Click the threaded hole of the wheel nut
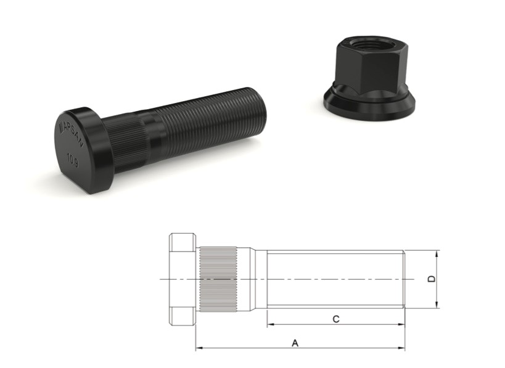pyautogui.click(x=367, y=44)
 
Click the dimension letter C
pyautogui.click(x=335, y=319)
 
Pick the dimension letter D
pyautogui.click(x=431, y=279)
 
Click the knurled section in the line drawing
pyautogui.click(x=219, y=280)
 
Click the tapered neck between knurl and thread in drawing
pyautogui.click(x=254, y=280)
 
